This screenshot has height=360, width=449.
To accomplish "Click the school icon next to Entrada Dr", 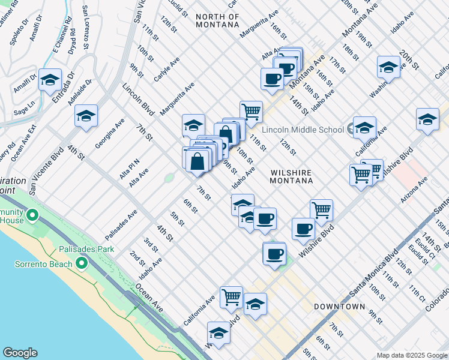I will pos(50,79).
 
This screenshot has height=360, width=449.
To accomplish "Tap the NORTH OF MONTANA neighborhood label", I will pos(217,20).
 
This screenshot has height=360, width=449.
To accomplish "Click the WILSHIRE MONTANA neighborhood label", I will pos(291,177).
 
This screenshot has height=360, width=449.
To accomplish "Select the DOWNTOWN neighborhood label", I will pos(339,307).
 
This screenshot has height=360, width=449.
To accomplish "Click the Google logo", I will pos(20,353).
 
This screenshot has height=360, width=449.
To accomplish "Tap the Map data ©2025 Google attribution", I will pos(411,355).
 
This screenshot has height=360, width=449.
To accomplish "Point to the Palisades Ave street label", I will pos(121,223).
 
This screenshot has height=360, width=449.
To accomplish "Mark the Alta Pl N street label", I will pos(129,162).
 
